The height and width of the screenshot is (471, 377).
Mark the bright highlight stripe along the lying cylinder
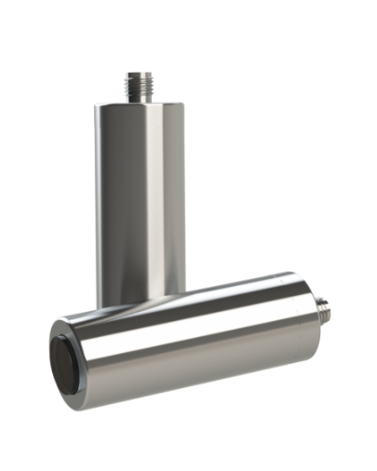point(186,312)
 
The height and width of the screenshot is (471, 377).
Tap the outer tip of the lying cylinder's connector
point(329,303)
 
